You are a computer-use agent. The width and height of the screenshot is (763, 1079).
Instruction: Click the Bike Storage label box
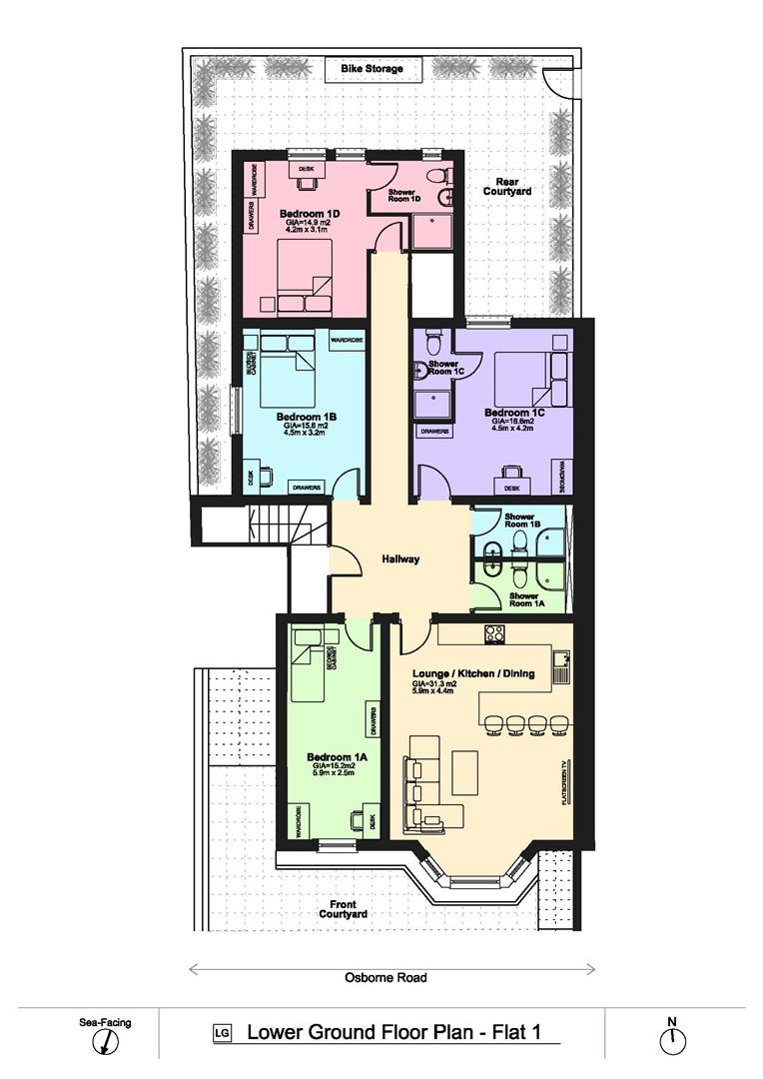coord(372,69)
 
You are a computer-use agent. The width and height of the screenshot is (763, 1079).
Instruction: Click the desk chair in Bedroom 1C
coord(512,472)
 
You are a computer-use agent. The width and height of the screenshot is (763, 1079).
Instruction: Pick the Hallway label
coord(400,559)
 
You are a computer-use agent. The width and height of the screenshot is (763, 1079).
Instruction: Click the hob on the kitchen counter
coord(493,633)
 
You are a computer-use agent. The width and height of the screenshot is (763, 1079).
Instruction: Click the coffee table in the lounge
coord(465,772)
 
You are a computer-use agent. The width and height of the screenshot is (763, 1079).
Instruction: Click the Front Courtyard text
coord(343,908)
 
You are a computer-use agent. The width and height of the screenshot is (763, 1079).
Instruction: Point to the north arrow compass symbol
coord(673,1039)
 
